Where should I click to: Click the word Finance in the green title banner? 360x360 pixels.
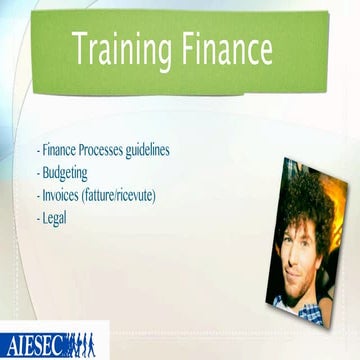coord(222,49)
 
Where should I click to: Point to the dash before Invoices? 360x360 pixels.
coord(39,195)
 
